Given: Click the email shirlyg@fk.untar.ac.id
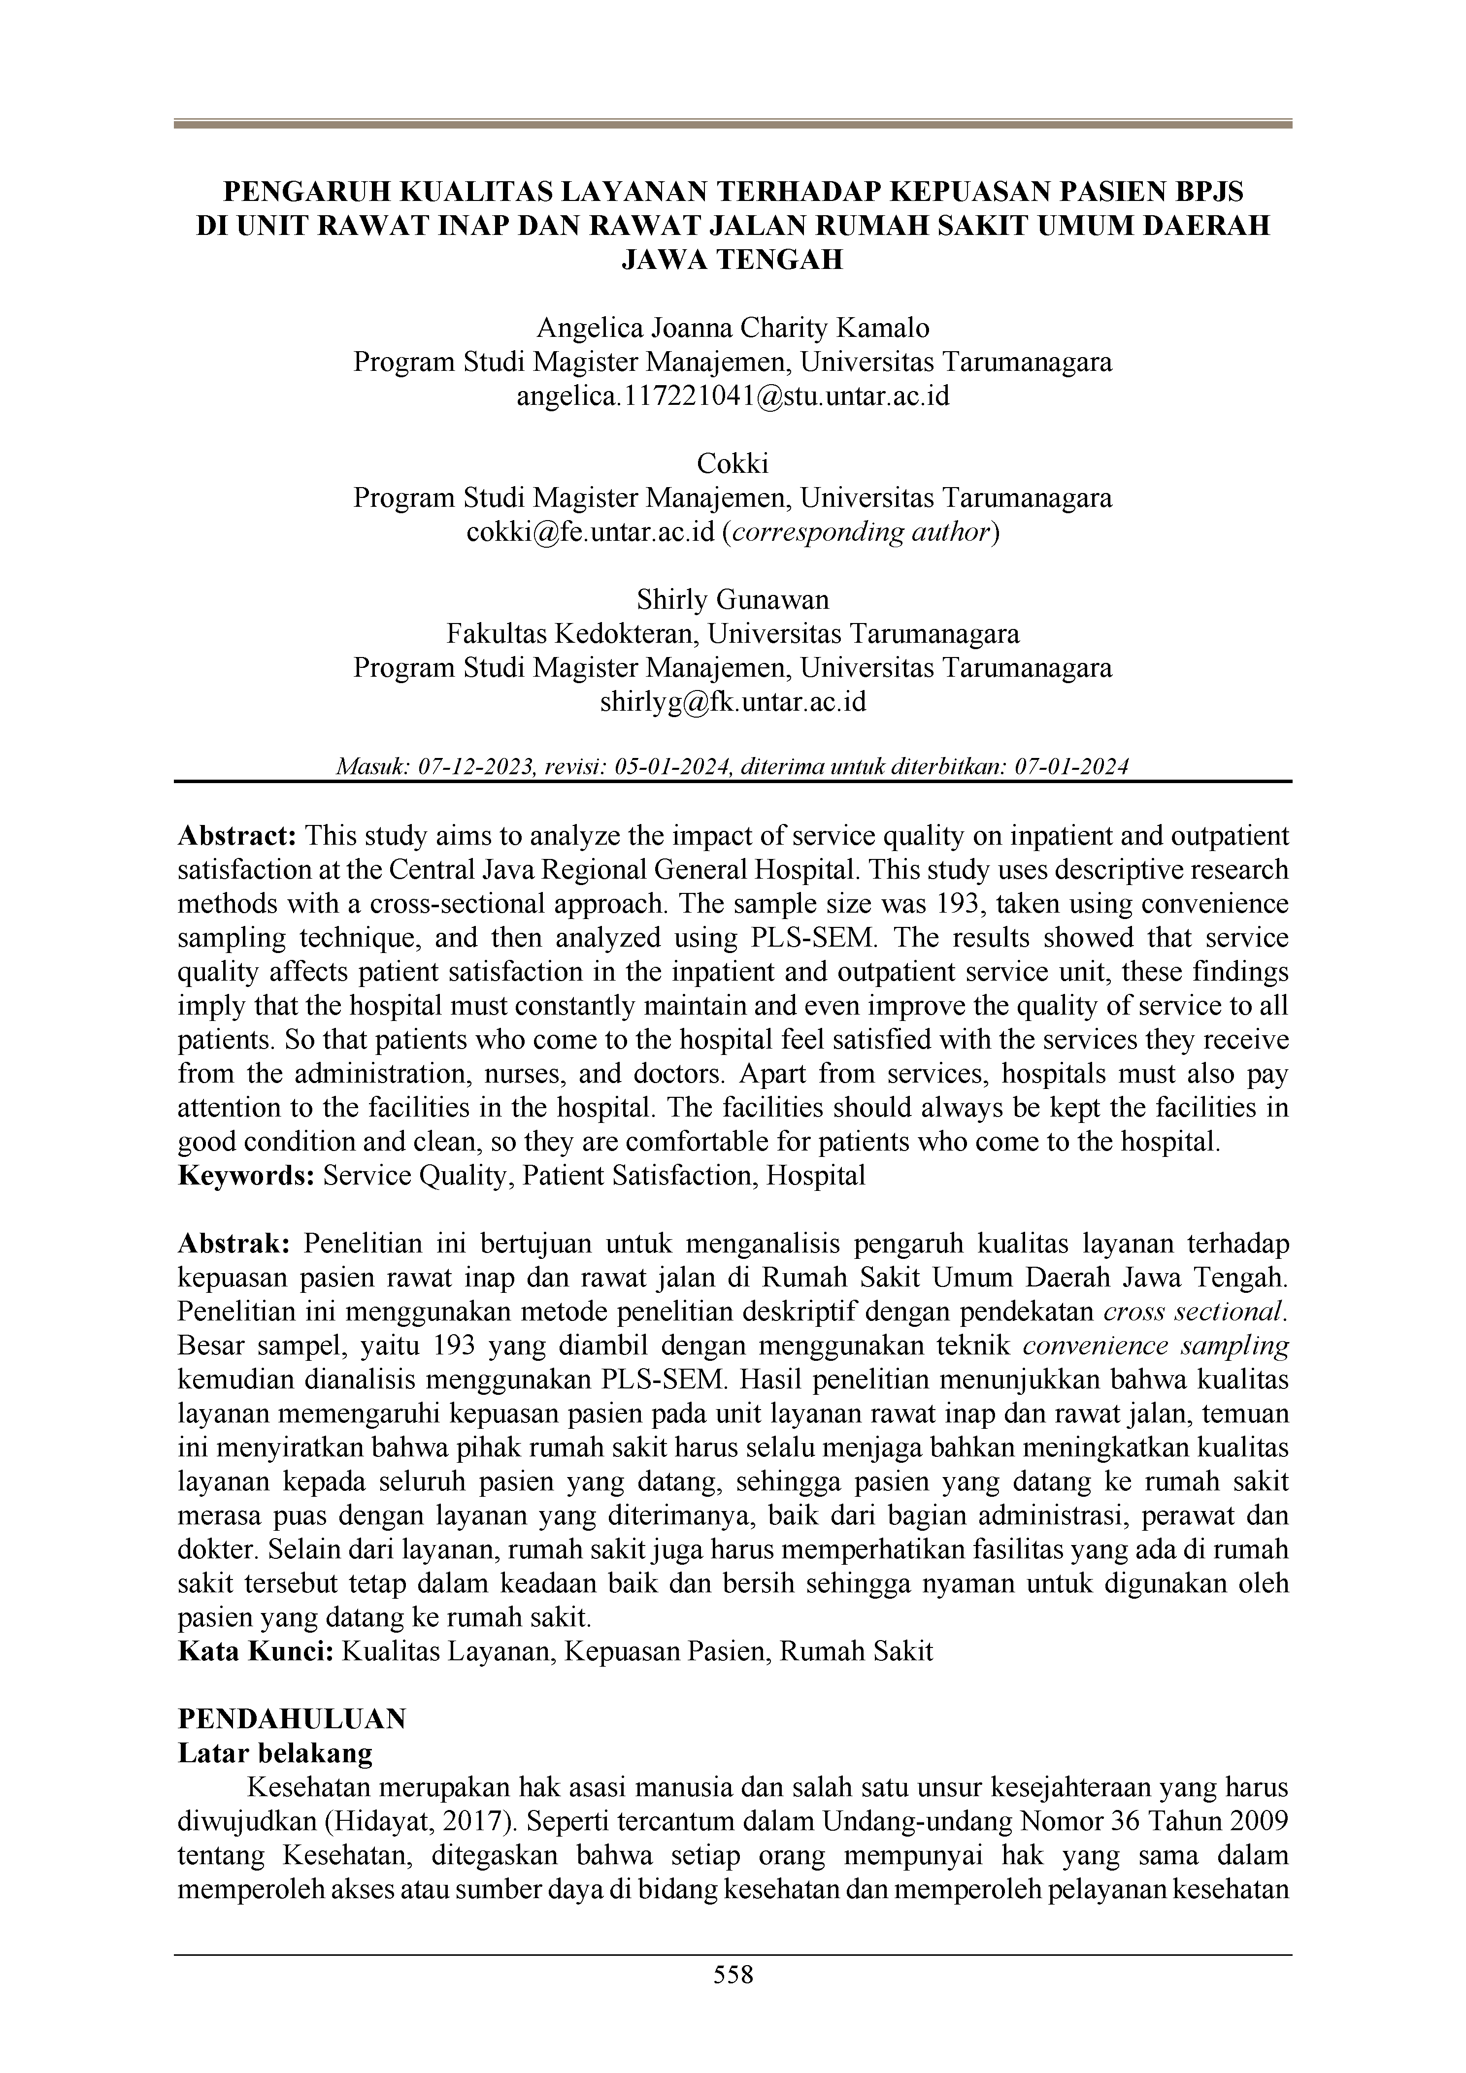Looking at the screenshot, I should [733, 701].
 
